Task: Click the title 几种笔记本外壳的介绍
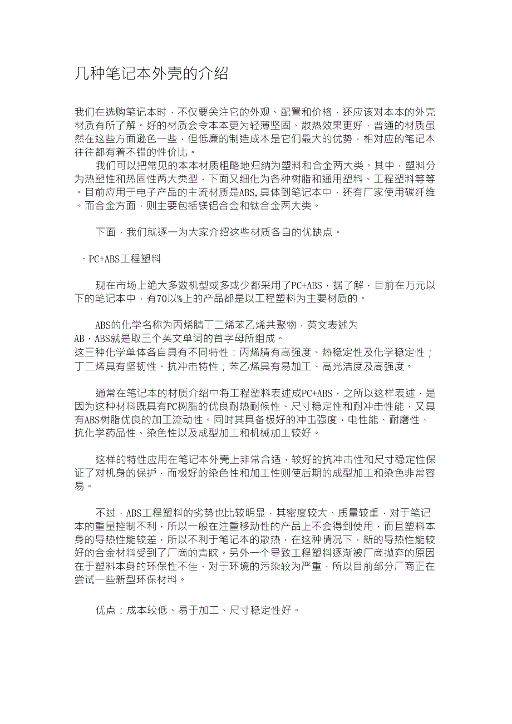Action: click(x=151, y=73)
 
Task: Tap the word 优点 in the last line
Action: click(x=106, y=610)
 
